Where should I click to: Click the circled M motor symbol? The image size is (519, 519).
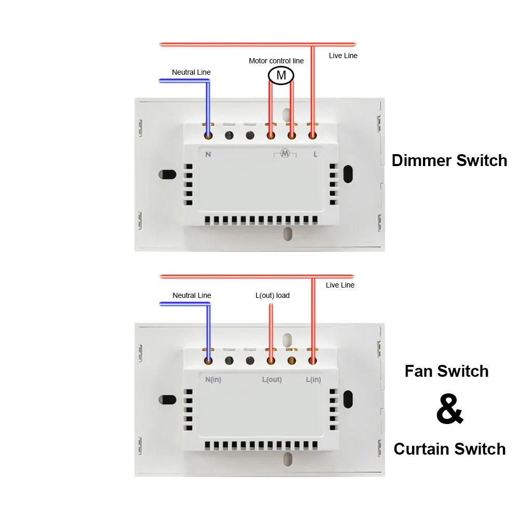pos(281,76)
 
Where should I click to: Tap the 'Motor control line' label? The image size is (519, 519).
pos(276,61)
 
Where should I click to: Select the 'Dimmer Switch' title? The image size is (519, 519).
pos(449,160)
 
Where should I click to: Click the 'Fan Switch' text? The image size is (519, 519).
pos(446,371)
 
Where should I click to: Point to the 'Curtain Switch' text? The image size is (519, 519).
pos(449,449)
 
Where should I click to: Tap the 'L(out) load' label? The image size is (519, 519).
pos(272,295)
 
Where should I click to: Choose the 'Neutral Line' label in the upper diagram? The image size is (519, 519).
pos(192,72)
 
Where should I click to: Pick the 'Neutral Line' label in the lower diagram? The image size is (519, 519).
pos(192,295)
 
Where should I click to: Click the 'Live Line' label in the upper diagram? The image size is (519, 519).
pos(343,56)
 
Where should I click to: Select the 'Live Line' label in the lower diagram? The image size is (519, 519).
pos(340,285)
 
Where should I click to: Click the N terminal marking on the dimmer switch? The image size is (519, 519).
pos(208,154)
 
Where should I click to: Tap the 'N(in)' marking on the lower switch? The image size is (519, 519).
pos(213,379)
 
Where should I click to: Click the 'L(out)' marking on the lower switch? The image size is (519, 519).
pos(271,379)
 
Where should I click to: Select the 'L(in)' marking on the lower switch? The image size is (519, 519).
pos(313,379)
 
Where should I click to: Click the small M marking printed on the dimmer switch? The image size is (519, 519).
pos(284,153)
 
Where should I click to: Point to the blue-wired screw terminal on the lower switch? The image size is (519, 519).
pos(208,361)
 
